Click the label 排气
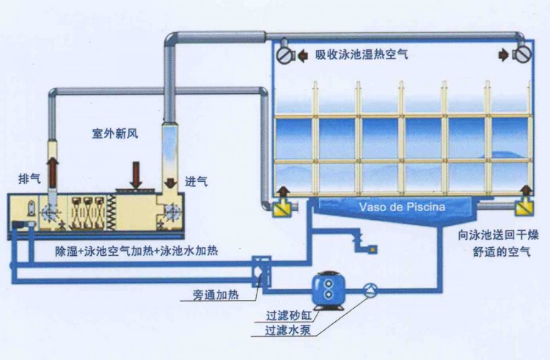[x=29, y=179]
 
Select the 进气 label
[x=196, y=181]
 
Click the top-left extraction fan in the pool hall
[x=285, y=54]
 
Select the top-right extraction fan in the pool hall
[x=523, y=54]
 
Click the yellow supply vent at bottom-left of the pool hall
[x=280, y=207]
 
